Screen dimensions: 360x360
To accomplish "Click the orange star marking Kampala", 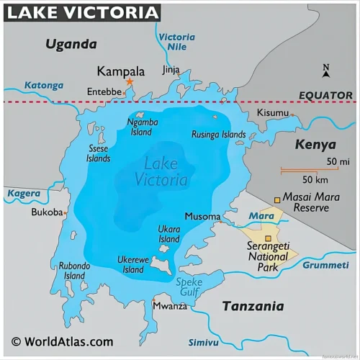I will (130, 82).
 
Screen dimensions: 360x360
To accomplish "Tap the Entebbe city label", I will (104, 92).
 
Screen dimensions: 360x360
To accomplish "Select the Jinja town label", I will (171, 70).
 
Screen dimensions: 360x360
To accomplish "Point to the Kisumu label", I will (273, 113).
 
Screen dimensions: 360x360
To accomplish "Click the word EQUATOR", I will (326, 95).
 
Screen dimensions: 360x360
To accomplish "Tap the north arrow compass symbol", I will (326, 71).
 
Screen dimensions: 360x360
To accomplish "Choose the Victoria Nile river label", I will (176, 42).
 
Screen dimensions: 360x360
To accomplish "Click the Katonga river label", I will (44, 85).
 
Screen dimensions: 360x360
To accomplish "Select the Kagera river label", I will (24, 194).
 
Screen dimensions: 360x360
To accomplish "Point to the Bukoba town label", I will (47, 212).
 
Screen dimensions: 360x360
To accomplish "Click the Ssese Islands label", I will (99, 153).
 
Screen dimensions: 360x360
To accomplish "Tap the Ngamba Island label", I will (141, 127).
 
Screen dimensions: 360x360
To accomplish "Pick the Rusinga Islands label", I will (218, 135).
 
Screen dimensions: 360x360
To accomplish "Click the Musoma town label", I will (202, 216).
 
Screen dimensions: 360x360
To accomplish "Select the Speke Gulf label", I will (189, 287).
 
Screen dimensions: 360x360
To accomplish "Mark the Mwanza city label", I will (170, 306).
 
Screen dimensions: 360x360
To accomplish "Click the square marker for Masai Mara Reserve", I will (277, 200).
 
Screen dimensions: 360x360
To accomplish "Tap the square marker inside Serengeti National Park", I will (268, 238).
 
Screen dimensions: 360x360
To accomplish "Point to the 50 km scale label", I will (315, 179).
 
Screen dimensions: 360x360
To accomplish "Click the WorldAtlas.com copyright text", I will (62, 342).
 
